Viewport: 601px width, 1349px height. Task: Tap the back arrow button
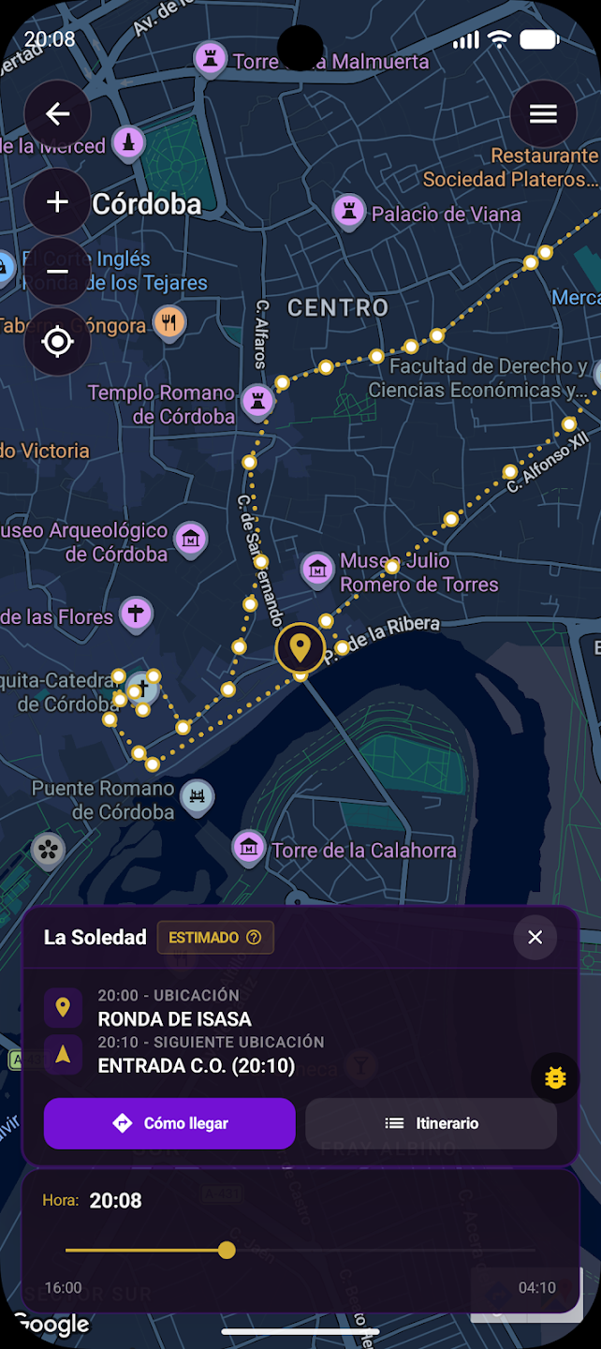pyautogui.click(x=57, y=114)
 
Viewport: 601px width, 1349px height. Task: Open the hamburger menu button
pyautogui.click(x=543, y=114)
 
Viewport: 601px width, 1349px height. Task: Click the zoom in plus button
pyautogui.click(x=57, y=201)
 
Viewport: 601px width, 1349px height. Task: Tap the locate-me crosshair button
pyautogui.click(x=57, y=342)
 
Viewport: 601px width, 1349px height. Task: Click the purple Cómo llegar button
pyautogui.click(x=169, y=1123)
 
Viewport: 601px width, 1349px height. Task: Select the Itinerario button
pyautogui.click(x=432, y=1123)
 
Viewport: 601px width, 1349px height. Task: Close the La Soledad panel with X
pyautogui.click(x=535, y=938)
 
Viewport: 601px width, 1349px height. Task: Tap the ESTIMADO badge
pyautogui.click(x=215, y=938)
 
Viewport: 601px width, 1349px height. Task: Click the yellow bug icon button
pyautogui.click(x=555, y=1077)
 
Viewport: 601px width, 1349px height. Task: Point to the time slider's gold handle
pyautogui.click(x=227, y=1250)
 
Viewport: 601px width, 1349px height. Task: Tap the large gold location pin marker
pyautogui.click(x=300, y=647)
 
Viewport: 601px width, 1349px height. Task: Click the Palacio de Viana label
pyautogui.click(x=446, y=215)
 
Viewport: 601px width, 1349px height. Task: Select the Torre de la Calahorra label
pyautogui.click(x=364, y=851)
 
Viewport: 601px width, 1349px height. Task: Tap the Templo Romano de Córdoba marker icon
pyautogui.click(x=257, y=402)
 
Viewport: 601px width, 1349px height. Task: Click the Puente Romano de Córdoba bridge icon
pyautogui.click(x=198, y=797)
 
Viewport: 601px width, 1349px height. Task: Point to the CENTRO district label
pyautogui.click(x=338, y=307)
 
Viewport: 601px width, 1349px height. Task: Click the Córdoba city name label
pyautogui.click(x=147, y=204)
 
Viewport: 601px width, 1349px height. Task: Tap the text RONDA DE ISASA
pyautogui.click(x=175, y=1019)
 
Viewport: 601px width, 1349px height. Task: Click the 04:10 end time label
pyautogui.click(x=536, y=1288)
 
